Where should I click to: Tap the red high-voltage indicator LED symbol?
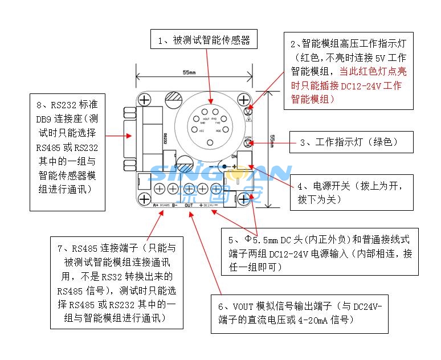tap(248, 112)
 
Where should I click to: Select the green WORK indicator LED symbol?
tap(248, 142)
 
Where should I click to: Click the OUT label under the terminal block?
tap(189, 204)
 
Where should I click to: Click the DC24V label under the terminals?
tap(209, 204)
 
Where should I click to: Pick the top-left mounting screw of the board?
tap(145, 100)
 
